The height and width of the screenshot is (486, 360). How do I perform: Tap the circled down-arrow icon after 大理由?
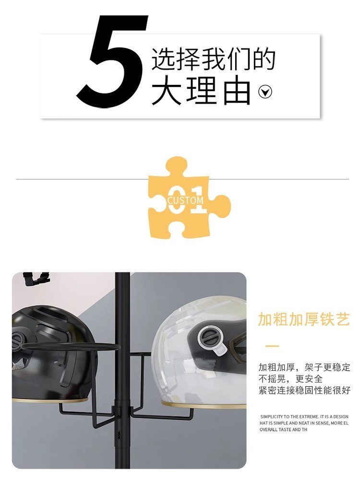[265, 91]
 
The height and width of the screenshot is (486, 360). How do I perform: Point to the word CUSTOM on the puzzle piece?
[185, 200]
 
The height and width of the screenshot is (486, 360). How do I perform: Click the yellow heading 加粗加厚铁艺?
[304, 319]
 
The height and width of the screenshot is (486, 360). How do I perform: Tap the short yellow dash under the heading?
[272, 345]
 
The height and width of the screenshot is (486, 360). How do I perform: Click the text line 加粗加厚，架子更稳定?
[304, 367]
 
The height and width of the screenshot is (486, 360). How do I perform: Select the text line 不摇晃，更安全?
[290, 379]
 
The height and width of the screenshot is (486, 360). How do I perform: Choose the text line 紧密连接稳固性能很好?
[304, 391]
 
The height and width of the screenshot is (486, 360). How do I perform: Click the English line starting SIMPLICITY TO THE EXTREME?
[304, 416]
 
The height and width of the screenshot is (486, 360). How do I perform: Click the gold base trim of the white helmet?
[202, 404]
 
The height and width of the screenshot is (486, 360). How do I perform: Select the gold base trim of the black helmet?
[53, 400]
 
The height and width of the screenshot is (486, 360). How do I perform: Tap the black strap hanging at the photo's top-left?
[36, 280]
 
